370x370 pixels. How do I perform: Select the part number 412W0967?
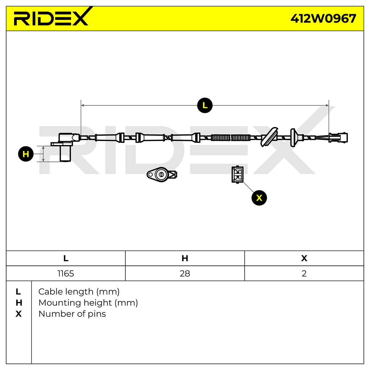[323, 18]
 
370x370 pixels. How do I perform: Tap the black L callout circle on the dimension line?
[205, 105]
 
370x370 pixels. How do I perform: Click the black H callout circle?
[26, 154]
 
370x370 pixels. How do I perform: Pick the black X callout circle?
[259, 198]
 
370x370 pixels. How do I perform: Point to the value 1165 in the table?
[66, 273]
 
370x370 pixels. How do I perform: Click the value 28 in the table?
[185, 273]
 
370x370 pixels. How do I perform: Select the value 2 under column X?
[304, 273]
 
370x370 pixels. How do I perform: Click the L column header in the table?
[66, 258]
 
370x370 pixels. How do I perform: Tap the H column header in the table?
[185, 258]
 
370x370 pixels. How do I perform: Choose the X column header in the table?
[304, 258]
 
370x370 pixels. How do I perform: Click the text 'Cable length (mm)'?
[79, 291]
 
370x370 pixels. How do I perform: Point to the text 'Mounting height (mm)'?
[88, 303]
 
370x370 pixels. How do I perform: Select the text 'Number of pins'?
[72, 314]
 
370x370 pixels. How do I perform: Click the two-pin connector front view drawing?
[237, 174]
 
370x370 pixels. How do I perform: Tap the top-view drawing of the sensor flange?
[162, 174]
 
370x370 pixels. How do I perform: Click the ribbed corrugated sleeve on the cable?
[231, 138]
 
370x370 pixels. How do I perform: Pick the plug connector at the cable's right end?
[338, 138]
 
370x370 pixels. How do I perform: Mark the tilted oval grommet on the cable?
[269, 137]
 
